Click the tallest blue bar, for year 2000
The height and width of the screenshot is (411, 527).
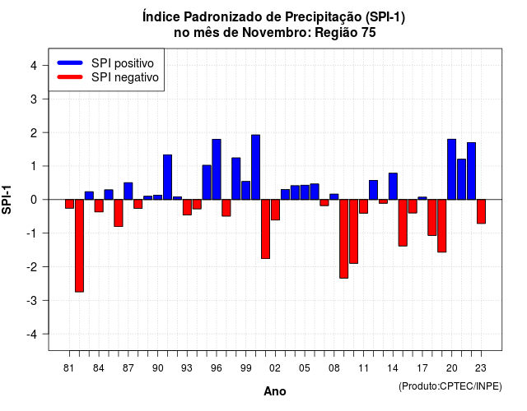coord(255,167)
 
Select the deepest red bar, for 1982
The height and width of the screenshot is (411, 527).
coord(79,246)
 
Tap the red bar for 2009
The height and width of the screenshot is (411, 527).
coord(344,239)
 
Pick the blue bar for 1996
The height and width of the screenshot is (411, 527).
coord(217,169)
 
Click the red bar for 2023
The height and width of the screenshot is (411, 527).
coord(481,211)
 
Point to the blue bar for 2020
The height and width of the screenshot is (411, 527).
coord(452,169)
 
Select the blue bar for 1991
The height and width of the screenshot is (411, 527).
coord(167,178)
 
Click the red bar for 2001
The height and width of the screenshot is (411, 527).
coord(265,229)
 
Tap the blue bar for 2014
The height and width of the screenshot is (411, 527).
coord(393,187)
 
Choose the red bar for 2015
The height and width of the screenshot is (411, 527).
coord(403,223)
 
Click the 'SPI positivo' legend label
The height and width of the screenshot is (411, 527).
coord(123,63)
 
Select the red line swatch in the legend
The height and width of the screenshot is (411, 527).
coord(70,77)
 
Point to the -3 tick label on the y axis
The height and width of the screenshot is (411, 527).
coord(32,301)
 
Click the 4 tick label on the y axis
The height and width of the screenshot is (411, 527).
coord(34,65)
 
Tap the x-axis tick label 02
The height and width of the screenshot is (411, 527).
coord(274,368)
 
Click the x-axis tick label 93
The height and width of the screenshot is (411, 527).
coord(187,368)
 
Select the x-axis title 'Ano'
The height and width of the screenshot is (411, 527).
coord(274,391)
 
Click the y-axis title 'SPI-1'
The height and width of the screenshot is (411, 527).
coord(7,200)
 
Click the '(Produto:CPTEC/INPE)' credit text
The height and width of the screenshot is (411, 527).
coord(450,386)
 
